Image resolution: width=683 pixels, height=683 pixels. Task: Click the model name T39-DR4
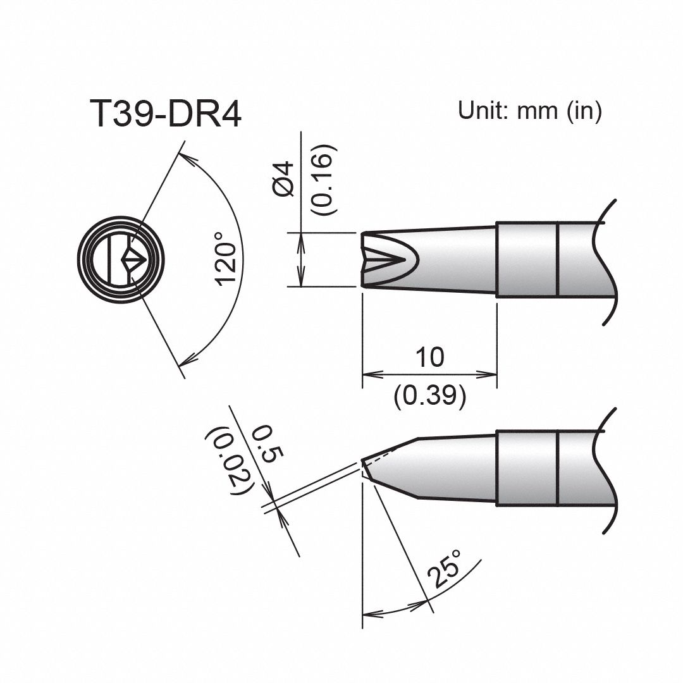tap(166, 114)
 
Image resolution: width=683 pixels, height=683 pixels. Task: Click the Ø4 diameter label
tap(285, 180)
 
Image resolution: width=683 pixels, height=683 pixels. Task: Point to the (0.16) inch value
tap(323, 180)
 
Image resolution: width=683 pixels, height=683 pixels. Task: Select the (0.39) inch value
tap(430, 397)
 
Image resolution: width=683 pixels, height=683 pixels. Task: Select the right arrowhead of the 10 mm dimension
tap(491, 374)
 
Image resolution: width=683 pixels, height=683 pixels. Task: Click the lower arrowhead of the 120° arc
tap(186, 362)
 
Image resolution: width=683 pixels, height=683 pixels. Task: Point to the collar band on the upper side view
tap(527, 259)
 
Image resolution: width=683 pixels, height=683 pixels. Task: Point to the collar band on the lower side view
tap(527, 468)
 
